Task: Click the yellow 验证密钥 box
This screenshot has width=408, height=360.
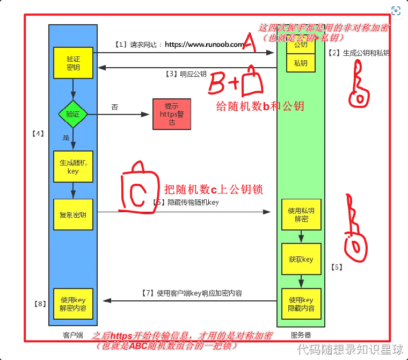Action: pos(73,62)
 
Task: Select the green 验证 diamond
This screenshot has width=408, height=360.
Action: pos(72,114)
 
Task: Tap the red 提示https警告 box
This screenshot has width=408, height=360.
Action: pos(171,114)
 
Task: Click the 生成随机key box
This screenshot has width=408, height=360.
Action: pos(73,167)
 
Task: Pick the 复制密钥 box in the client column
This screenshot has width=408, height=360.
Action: pos(73,214)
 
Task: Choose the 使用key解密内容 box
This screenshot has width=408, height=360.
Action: pos(73,304)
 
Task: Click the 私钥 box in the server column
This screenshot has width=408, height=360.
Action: pos(301,63)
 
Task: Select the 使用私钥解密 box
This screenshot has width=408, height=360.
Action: pos(301,215)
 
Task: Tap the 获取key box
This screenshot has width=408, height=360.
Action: pos(301,259)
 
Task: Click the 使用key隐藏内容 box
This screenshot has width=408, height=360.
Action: pos(301,304)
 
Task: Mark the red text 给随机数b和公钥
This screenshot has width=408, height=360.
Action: pos(260,106)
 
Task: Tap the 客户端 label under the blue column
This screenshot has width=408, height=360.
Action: pos(72,335)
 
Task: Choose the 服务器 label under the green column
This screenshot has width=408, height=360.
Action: pos(301,335)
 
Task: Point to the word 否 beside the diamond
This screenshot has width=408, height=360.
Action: pos(114,107)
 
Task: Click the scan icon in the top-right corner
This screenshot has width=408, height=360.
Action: pos(396,11)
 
